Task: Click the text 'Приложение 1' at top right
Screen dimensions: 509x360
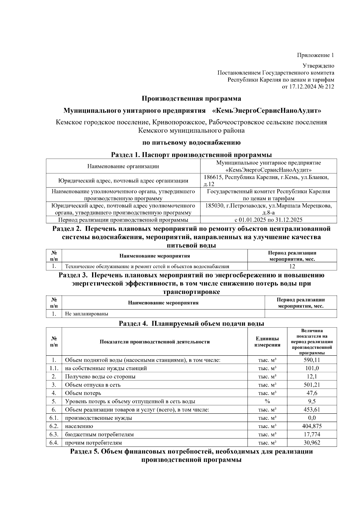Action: pyautogui.click(x=315, y=55)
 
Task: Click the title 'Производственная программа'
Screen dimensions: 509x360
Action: pyautogui.click(x=191, y=98)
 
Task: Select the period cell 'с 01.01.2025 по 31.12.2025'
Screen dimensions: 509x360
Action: pyautogui.click(x=268, y=220)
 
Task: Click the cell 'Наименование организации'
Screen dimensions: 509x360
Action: pyautogui.click(x=123, y=166)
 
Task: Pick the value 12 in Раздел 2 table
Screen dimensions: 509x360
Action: pyautogui.click(x=292, y=266)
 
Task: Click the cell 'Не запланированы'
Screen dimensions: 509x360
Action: pyautogui.click(x=86, y=314)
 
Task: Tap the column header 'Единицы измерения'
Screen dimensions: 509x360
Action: pyautogui.click(x=267, y=342)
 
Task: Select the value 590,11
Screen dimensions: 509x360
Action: pyautogui.click(x=312, y=360)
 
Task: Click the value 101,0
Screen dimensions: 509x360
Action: pyautogui.click(x=312, y=368)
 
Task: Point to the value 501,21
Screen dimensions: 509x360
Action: pyautogui.click(x=312, y=385)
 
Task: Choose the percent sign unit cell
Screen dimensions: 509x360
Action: pyautogui.click(x=267, y=401)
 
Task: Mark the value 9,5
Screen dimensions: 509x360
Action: pyautogui.click(x=312, y=401)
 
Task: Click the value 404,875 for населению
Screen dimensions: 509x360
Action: pyautogui.click(x=312, y=426)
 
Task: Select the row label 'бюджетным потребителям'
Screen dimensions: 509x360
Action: pyautogui.click(x=99, y=434)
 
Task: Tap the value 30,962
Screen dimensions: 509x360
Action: pyautogui.click(x=312, y=443)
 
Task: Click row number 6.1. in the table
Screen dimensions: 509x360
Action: pyautogui.click(x=54, y=418)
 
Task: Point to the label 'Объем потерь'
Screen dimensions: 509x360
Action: pyautogui.click(x=83, y=393)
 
